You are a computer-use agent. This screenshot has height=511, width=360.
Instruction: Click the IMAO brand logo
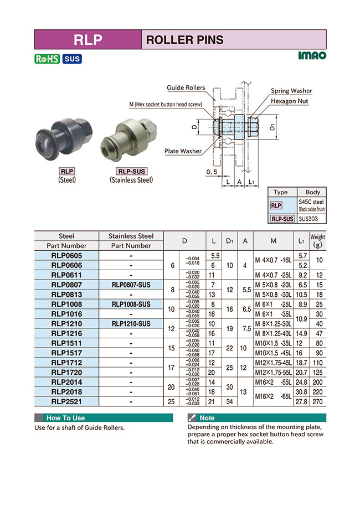312,56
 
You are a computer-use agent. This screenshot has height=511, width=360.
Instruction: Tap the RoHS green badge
47,59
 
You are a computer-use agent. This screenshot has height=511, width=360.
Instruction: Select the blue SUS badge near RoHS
71,59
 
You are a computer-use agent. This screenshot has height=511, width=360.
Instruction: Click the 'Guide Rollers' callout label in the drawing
186,88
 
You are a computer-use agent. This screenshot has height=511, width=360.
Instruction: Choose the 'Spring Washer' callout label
291,91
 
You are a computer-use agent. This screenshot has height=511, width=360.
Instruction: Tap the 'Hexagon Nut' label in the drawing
291,101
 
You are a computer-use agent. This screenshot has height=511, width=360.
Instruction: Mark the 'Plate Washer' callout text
183,151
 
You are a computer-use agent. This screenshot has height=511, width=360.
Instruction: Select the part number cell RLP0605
66,256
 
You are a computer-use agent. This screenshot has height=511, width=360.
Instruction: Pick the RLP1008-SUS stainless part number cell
131,304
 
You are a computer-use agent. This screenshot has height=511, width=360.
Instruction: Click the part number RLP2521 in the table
66,401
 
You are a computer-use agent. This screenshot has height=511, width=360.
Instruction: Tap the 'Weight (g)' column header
317,241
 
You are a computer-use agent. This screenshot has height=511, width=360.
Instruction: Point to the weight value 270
317,401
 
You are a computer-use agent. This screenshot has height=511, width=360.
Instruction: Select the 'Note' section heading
207,418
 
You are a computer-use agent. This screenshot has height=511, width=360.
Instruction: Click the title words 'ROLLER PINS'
184,40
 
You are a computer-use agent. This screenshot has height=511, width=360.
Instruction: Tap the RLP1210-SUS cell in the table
131,323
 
